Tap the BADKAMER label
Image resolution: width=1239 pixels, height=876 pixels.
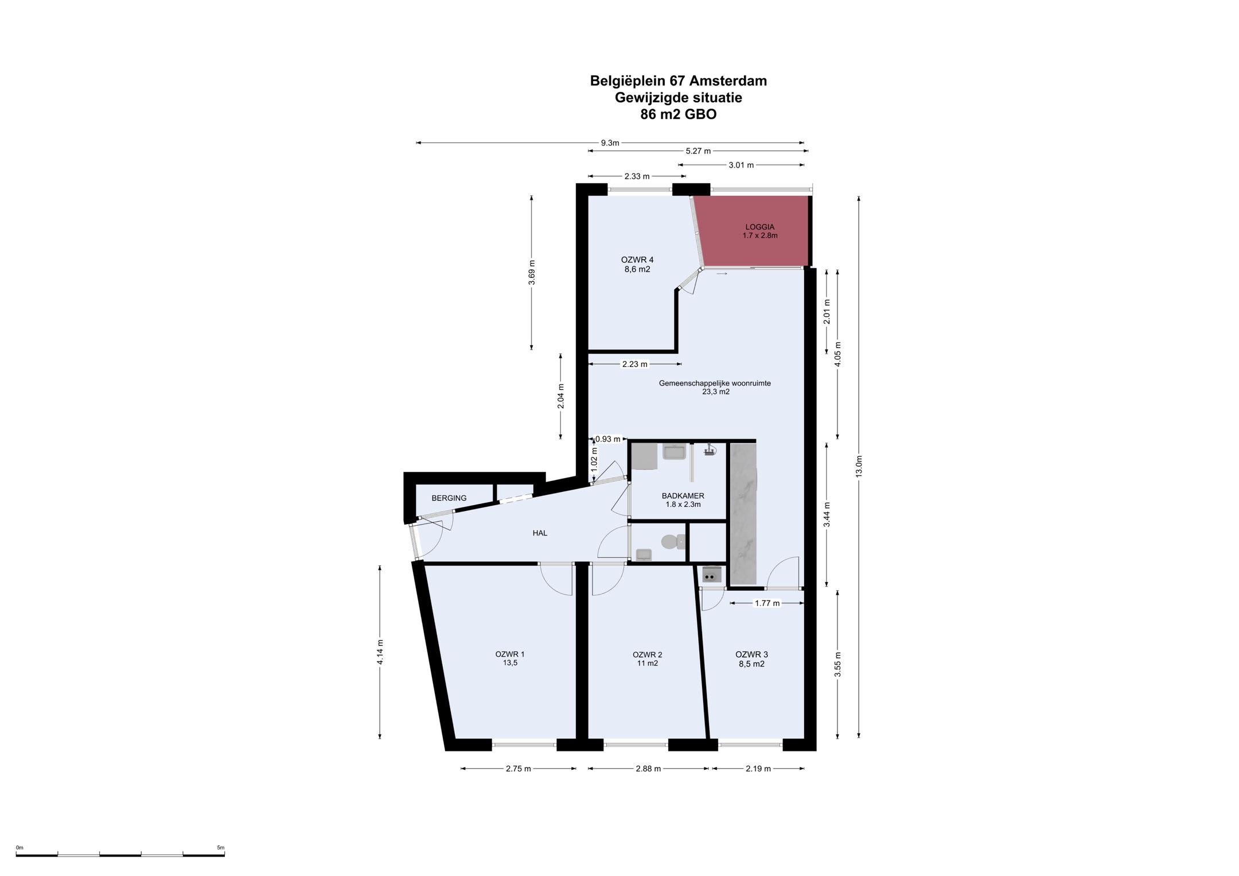[683, 496]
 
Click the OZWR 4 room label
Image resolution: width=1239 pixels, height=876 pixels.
[637, 259]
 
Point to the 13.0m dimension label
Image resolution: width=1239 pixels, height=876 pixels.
[859, 466]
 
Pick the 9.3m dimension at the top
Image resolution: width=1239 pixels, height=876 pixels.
[610, 143]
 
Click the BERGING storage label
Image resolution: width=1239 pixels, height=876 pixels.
[449, 498]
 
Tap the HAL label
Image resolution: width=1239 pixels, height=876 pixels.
[540, 533]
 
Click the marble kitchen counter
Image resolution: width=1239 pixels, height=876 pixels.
[743, 514]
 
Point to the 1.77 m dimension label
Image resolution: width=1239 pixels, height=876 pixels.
[767, 603]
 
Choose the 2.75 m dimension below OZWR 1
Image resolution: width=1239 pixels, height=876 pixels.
[518, 769]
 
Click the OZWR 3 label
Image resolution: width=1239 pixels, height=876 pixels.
[751, 654]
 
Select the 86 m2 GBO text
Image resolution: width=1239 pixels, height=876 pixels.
[679, 114]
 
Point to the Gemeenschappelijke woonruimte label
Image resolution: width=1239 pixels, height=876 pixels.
[715, 383]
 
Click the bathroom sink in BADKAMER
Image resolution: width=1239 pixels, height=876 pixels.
[674, 452]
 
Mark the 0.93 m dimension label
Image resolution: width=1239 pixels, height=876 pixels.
[607, 439]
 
